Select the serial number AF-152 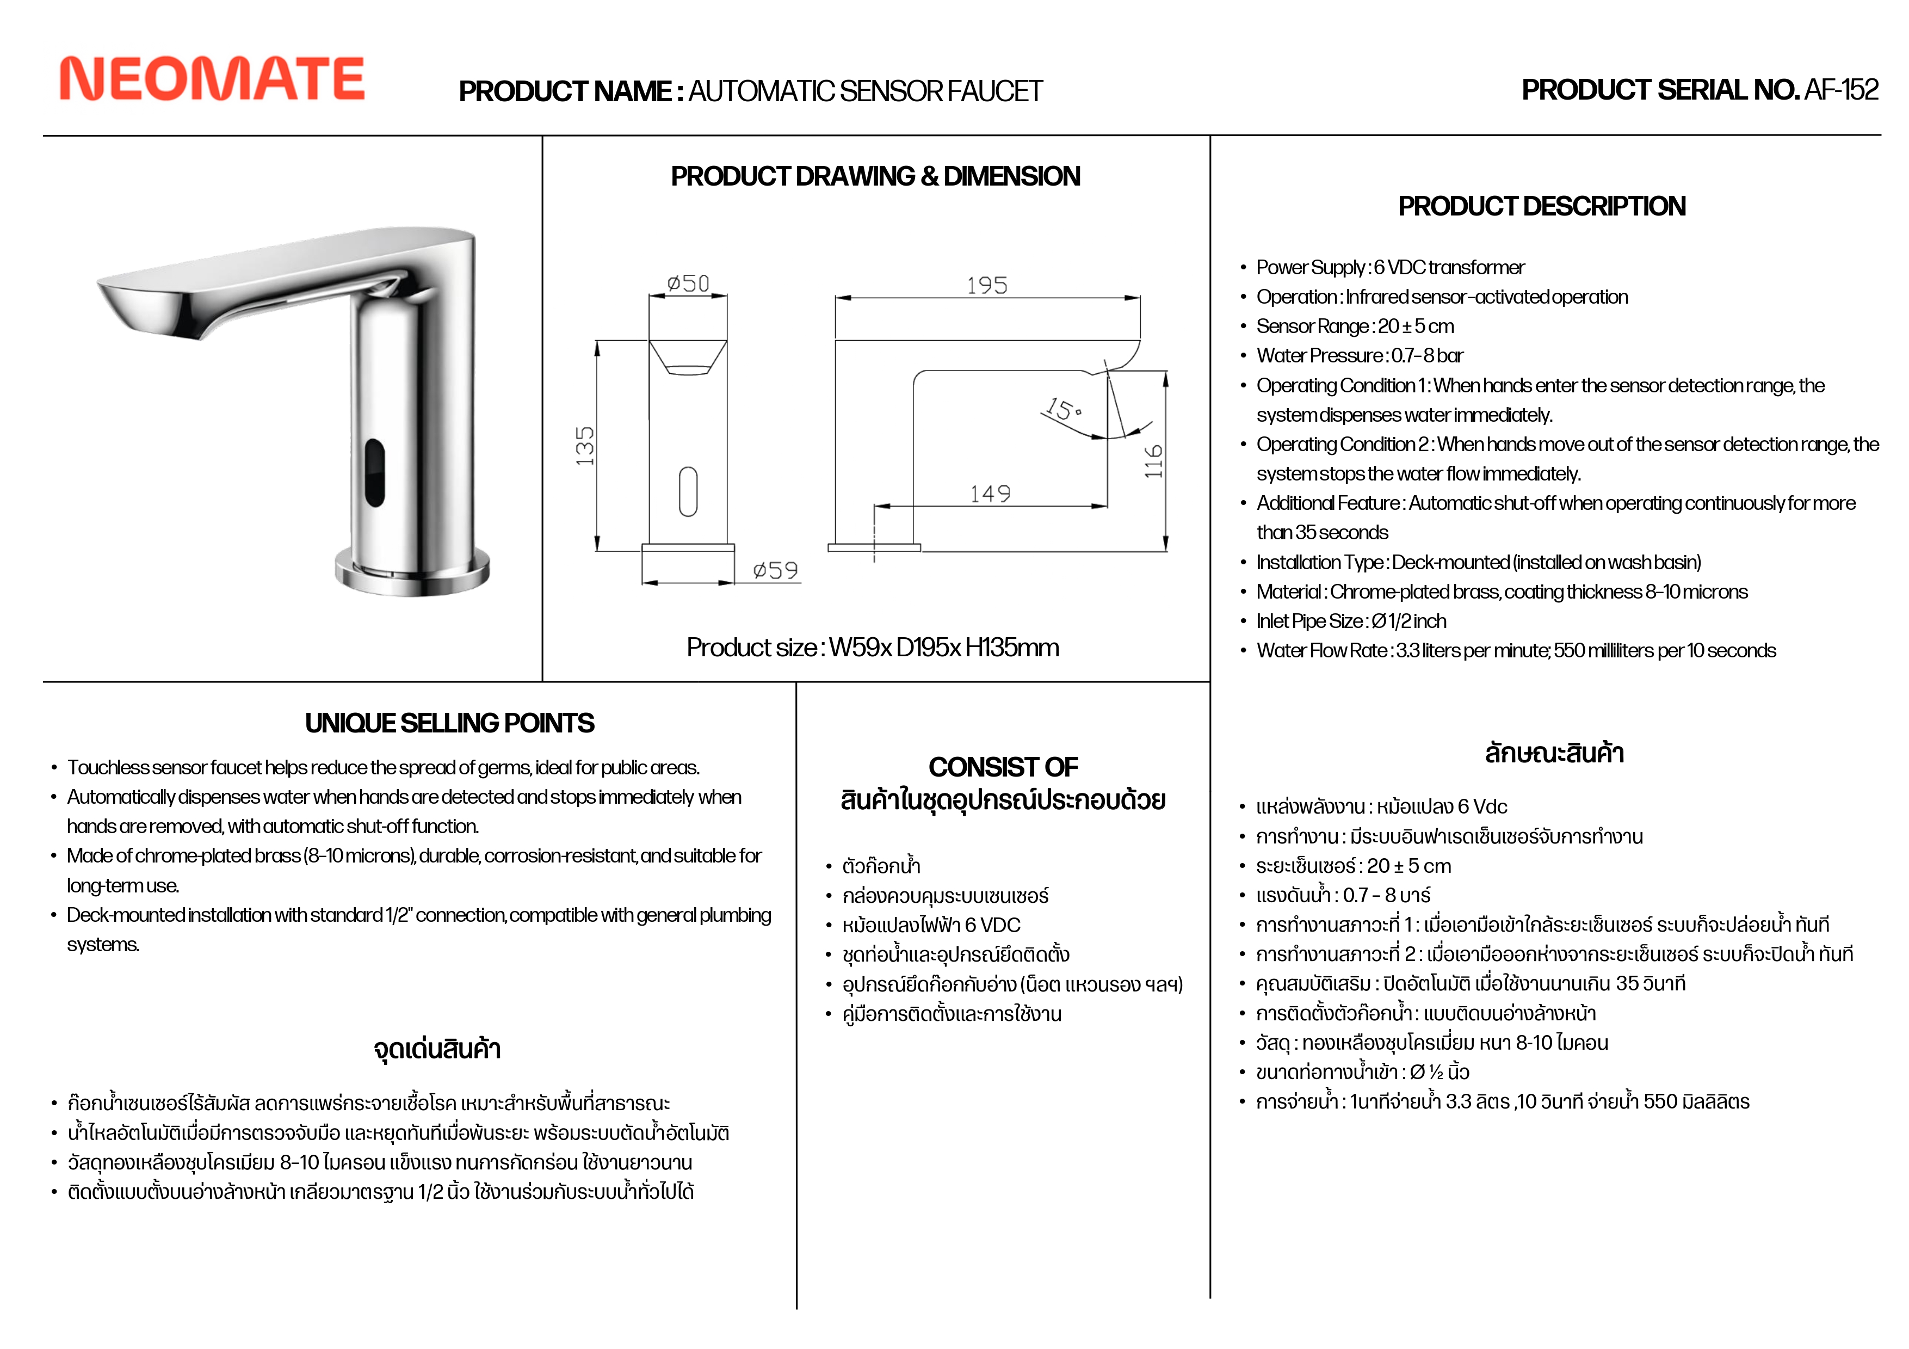[1841, 90]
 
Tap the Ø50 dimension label [688, 284]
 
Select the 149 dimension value [990, 494]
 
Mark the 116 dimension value [1153, 461]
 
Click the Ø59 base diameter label [775, 570]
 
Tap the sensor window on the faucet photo [374, 472]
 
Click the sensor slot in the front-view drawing [688, 491]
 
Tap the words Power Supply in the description [1311, 268]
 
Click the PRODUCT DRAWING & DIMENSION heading [875, 176]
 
